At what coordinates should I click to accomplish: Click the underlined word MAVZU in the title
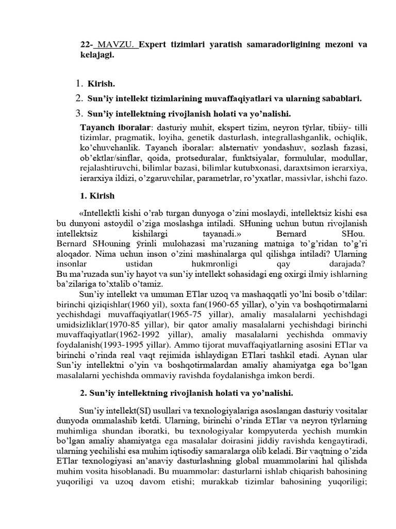click(x=118, y=45)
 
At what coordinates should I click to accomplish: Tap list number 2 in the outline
click(x=79, y=98)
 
